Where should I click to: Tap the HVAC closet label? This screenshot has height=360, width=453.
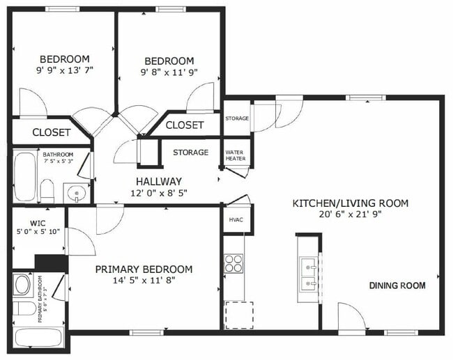click(236, 220)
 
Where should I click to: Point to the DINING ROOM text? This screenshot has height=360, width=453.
click(397, 285)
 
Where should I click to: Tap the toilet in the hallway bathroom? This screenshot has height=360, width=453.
click(47, 189)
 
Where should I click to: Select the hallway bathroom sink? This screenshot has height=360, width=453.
click(75, 192)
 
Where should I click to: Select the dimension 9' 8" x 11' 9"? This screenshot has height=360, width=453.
click(169, 72)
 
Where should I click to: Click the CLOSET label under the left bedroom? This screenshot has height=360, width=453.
click(51, 132)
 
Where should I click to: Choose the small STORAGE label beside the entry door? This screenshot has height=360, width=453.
click(237, 118)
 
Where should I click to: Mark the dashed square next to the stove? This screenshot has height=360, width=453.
click(238, 315)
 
